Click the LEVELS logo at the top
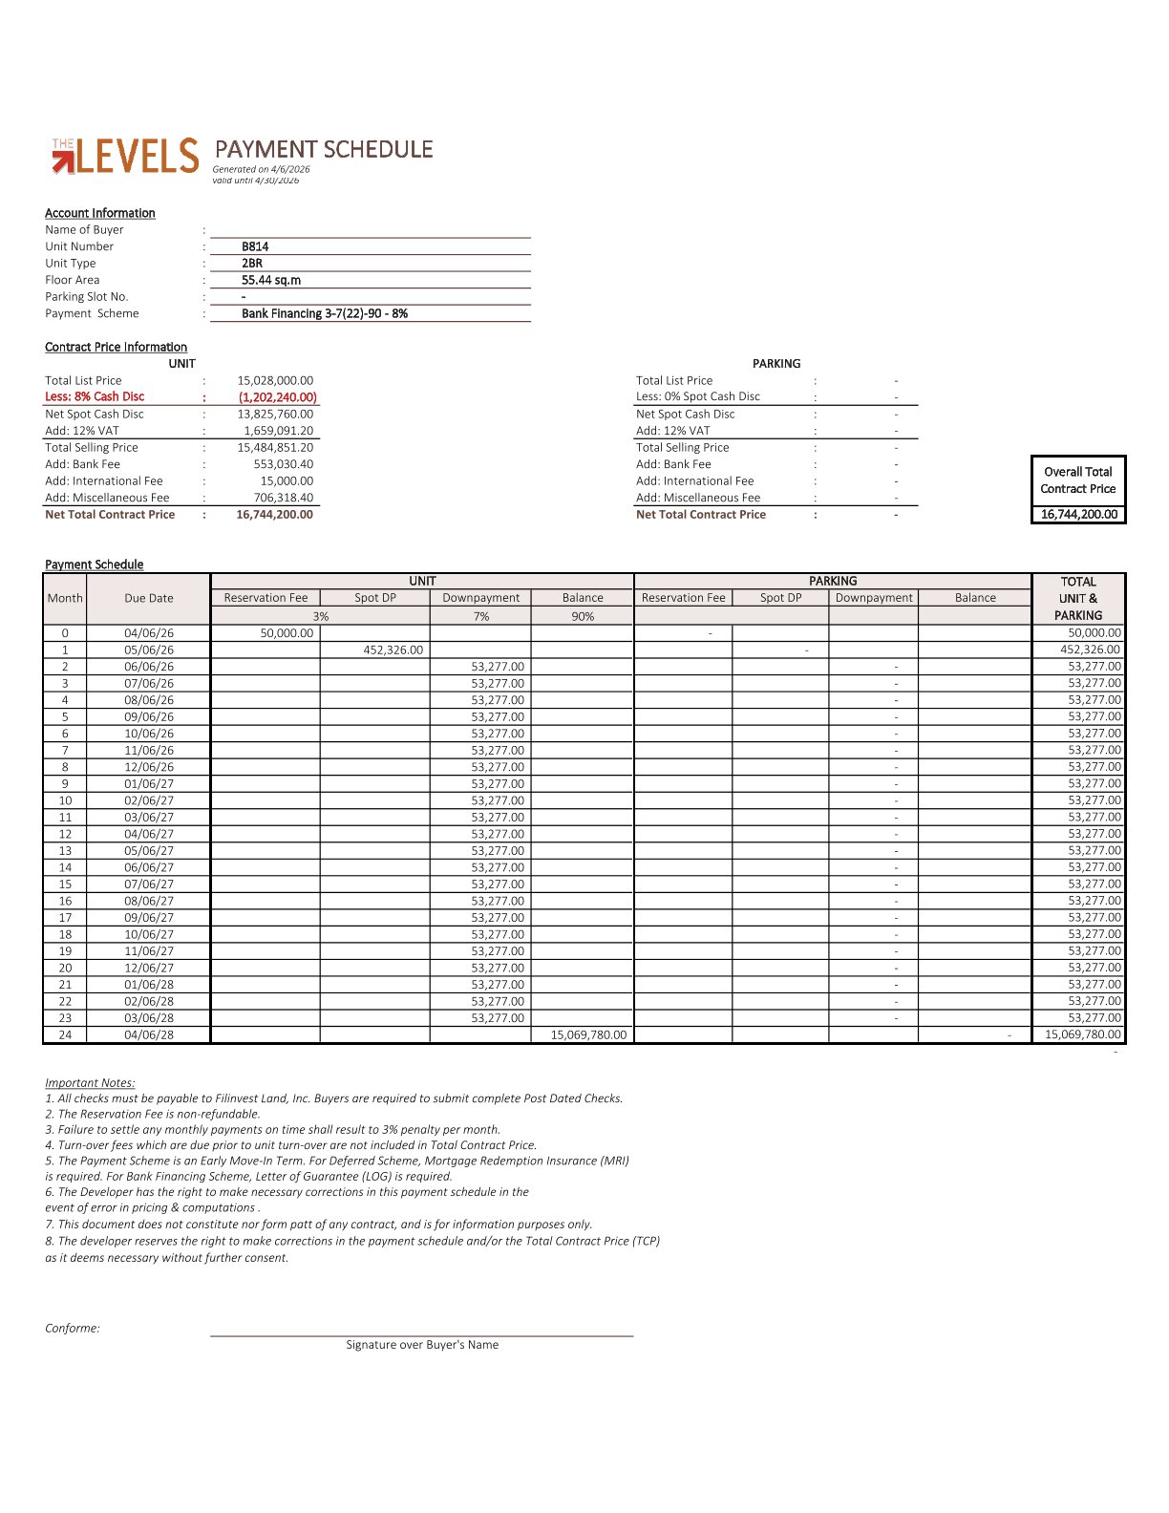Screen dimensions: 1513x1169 click(125, 157)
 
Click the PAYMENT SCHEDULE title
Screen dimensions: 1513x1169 click(323, 150)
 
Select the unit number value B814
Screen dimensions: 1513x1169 click(255, 246)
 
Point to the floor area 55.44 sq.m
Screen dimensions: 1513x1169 click(271, 280)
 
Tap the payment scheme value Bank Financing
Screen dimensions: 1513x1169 click(324, 313)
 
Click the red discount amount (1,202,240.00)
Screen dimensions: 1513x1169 click(277, 397)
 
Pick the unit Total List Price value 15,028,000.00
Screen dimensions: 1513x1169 click(275, 380)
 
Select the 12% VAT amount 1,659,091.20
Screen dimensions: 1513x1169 click(278, 431)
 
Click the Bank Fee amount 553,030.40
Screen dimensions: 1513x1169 click(283, 464)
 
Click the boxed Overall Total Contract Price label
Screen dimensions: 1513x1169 click(1077, 480)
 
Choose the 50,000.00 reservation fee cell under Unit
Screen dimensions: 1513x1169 click(287, 633)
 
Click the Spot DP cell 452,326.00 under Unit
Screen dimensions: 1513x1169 click(393, 650)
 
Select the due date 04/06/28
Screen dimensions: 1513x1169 click(149, 1034)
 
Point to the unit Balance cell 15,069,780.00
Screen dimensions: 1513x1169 click(588, 1034)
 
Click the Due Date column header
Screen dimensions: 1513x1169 click(149, 598)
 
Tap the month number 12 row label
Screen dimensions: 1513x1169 click(65, 834)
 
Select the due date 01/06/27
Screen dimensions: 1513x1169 click(149, 783)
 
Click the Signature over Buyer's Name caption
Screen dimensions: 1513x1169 click(422, 1345)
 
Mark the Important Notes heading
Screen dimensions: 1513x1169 click(90, 1082)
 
